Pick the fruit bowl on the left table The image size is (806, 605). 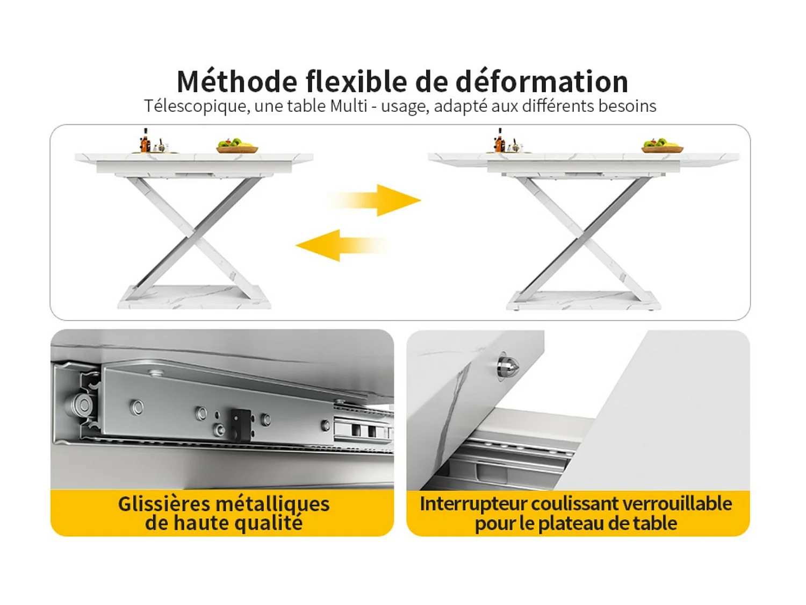click(237, 146)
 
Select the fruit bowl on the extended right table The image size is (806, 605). click(662, 146)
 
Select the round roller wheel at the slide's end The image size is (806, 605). click(82, 405)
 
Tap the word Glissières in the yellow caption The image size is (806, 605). click(164, 504)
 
